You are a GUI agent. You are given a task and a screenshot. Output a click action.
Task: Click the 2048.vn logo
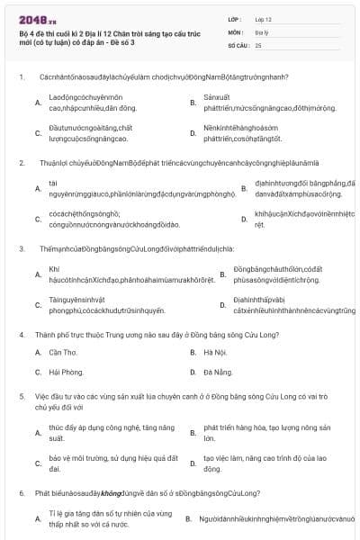[x=37, y=18]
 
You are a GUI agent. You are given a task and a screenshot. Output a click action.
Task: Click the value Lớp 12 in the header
[x=265, y=18]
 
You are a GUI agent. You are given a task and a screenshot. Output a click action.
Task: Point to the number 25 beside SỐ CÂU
[x=258, y=44]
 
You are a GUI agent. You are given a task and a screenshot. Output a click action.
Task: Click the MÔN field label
[x=235, y=31]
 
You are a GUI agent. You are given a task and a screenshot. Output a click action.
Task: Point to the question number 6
[x=21, y=493]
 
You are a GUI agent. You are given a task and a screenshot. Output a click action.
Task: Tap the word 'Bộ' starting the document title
[x=24, y=32]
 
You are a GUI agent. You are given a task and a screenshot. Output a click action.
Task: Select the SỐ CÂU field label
[x=238, y=44]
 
